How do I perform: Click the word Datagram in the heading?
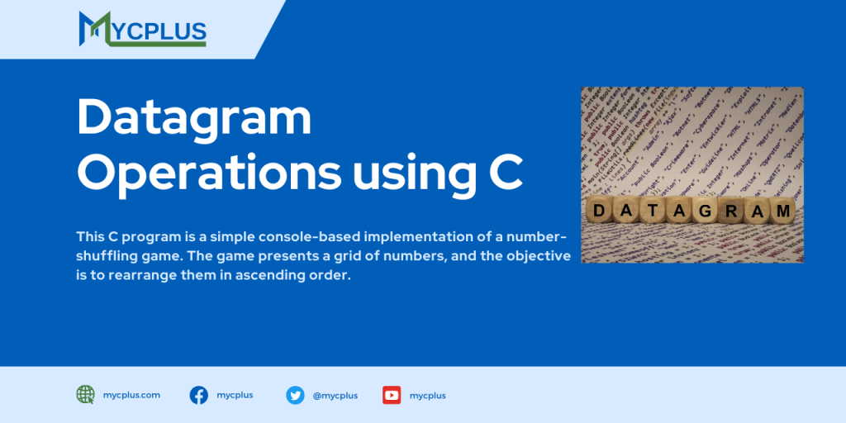click(x=194, y=118)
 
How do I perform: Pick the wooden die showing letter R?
click(x=730, y=211)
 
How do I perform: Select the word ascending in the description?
click(x=249, y=276)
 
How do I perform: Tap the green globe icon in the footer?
click(x=85, y=395)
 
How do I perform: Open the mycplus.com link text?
click(x=132, y=395)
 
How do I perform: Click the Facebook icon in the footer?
click(x=198, y=395)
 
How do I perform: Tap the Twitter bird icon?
click(x=295, y=395)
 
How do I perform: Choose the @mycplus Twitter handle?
click(x=335, y=396)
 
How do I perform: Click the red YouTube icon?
click(x=392, y=395)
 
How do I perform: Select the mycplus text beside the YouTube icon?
click(x=428, y=396)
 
